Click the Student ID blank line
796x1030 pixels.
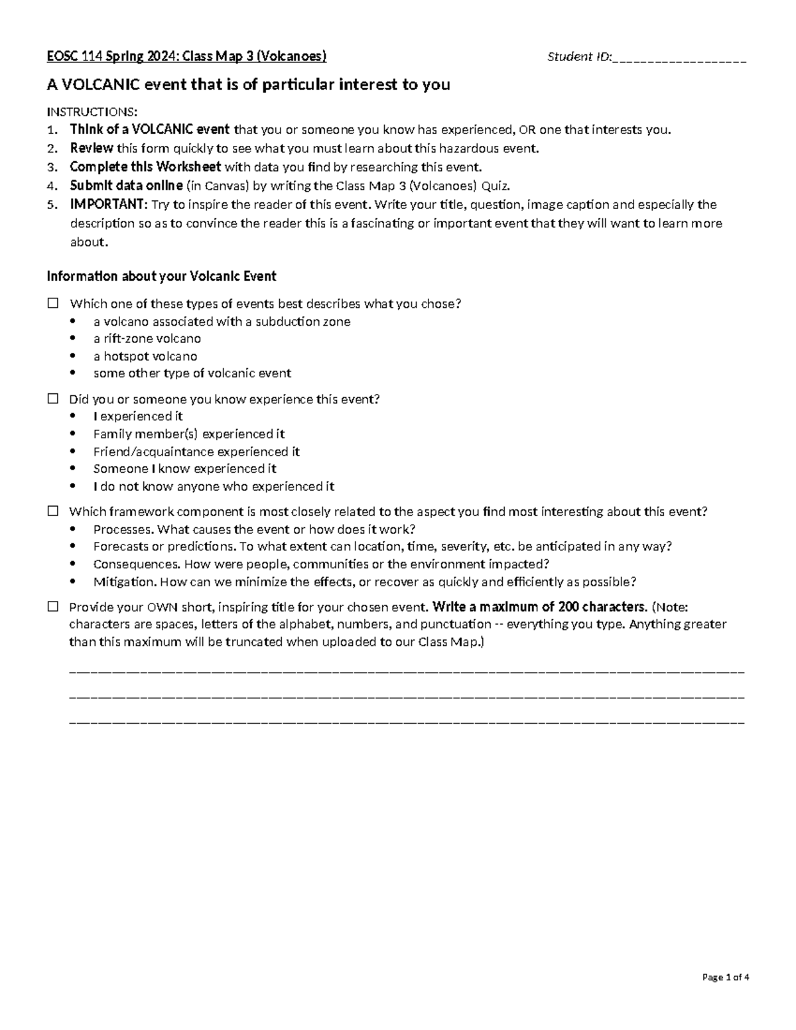(x=680, y=58)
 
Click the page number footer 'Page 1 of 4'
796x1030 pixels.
(x=725, y=977)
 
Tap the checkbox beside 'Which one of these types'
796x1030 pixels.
(x=52, y=304)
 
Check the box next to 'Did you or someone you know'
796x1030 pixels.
(x=52, y=399)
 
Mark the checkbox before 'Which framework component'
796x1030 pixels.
(x=52, y=511)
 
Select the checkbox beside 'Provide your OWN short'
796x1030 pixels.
(x=52, y=607)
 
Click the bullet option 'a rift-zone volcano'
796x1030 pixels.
(x=147, y=339)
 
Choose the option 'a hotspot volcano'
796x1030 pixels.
(x=145, y=356)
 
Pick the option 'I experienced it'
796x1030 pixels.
(x=138, y=417)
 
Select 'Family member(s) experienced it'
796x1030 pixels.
(x=188, y=434)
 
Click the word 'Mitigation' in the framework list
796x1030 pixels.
(x=123, y=582)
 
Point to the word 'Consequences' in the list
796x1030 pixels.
(x=136, y=564)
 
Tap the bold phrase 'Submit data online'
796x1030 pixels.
(x=126, y=186)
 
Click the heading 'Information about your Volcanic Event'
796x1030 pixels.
(x=161, y=276)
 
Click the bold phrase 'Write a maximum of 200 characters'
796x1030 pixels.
(x=538, y=607)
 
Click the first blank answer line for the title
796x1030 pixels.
(x=406, y=671)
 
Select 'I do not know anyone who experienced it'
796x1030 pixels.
(x=214, y=486)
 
